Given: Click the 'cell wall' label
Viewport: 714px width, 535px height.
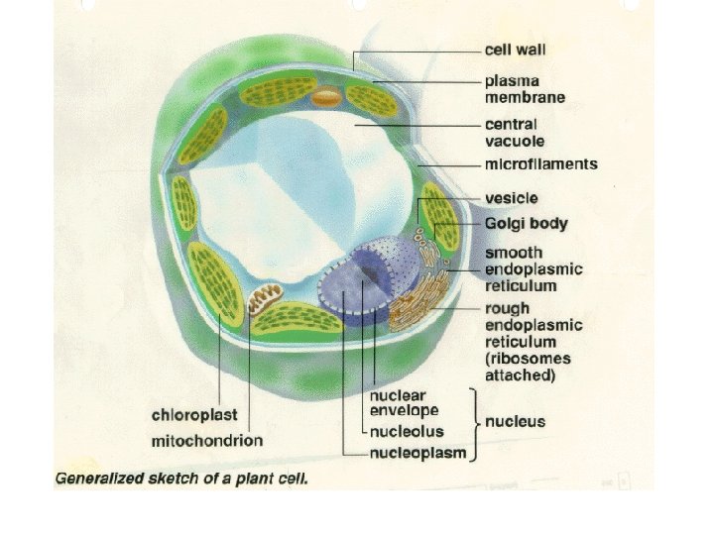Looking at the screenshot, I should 515,49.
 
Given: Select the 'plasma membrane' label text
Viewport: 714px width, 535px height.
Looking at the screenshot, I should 525,88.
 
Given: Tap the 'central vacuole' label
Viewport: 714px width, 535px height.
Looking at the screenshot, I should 512,133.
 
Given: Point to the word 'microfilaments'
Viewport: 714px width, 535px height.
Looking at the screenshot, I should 540,164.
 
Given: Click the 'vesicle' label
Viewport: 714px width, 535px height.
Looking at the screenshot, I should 511,198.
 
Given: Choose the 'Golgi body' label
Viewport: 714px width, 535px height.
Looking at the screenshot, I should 526,224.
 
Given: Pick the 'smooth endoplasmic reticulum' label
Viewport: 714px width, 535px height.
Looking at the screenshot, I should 534,269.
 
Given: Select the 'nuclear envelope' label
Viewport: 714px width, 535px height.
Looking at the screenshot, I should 404,401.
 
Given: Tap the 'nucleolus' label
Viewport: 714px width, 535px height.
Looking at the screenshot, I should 407,432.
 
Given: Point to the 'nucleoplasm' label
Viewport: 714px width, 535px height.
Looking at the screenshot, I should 413,455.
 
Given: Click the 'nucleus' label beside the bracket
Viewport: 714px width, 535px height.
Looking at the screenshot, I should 515,422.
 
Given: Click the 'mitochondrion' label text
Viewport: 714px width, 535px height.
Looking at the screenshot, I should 206,439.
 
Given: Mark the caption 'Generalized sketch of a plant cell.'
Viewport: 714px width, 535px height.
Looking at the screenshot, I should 181,478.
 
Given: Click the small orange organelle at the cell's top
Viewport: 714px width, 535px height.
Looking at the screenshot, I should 325,98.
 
